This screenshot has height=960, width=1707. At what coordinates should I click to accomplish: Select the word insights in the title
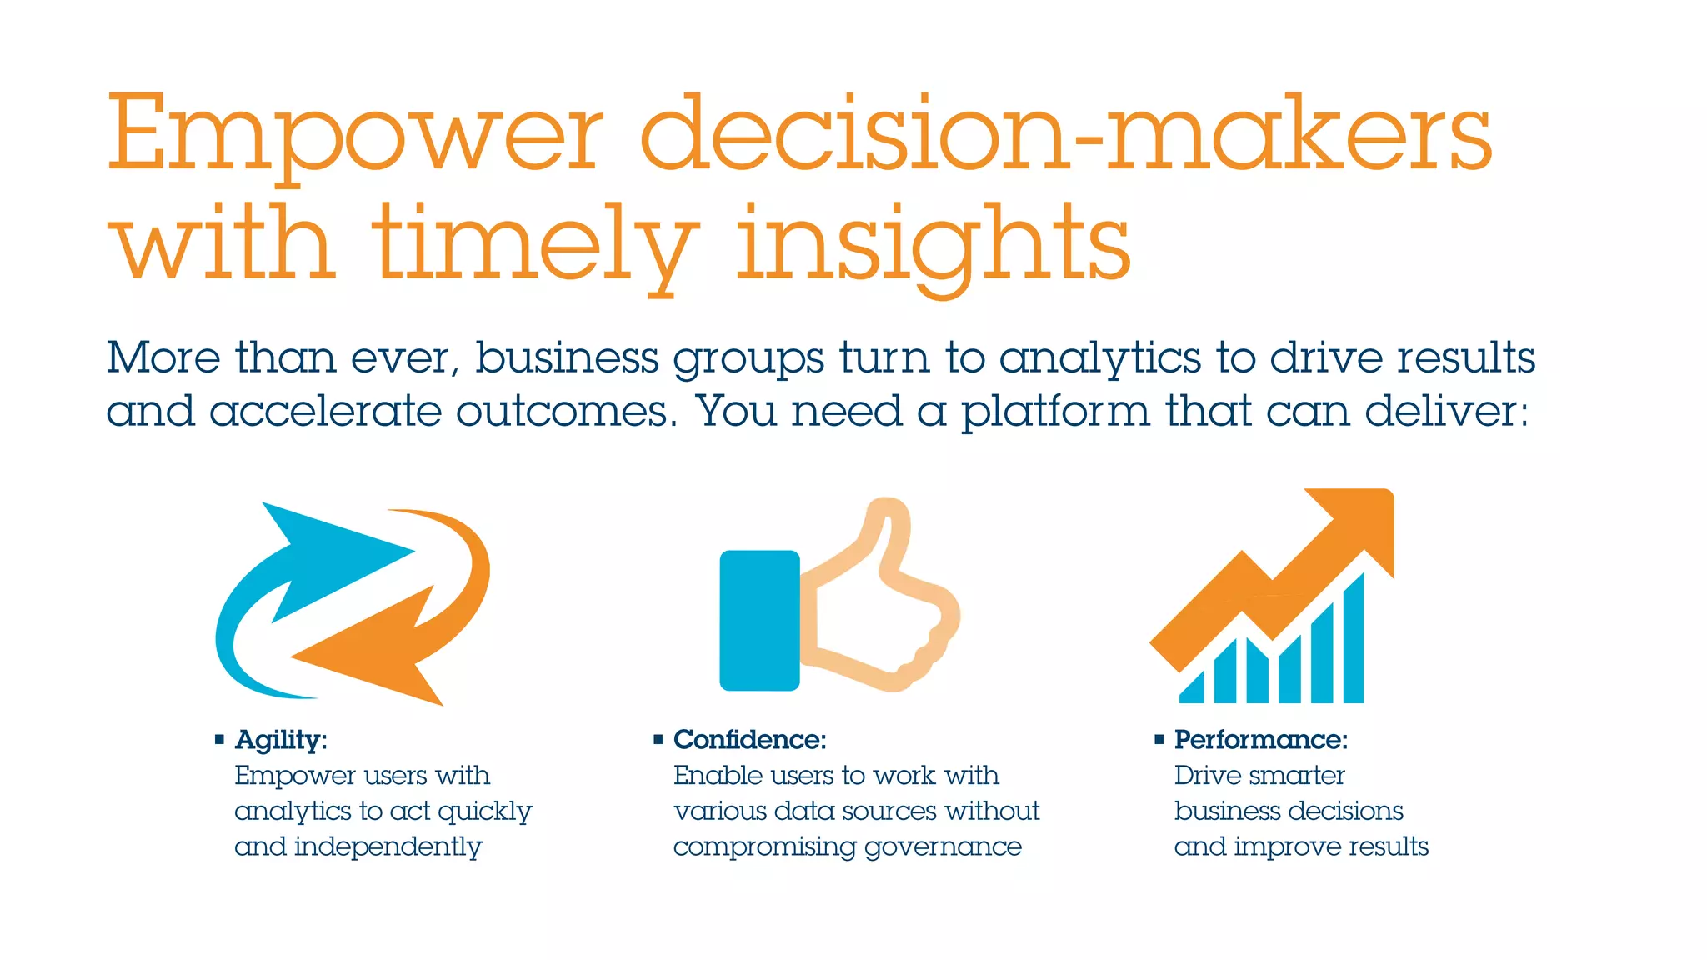click(x=934, y=247)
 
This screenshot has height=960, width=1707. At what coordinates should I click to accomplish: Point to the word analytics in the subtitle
click(x=1100, y=359)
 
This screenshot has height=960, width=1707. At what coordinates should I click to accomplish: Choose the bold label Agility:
click(x=281, y=740)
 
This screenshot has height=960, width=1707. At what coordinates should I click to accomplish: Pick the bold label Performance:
click(x=1260, y=740)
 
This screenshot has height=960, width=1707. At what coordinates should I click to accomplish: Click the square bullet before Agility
click(x=220, y=739)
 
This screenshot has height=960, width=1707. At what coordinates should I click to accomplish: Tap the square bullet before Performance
click(x=1159, y=739)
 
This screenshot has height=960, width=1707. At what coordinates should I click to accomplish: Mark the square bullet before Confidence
click(x=658, y=739)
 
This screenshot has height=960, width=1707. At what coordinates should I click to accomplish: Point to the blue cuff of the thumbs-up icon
click(x=759, y=621)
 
